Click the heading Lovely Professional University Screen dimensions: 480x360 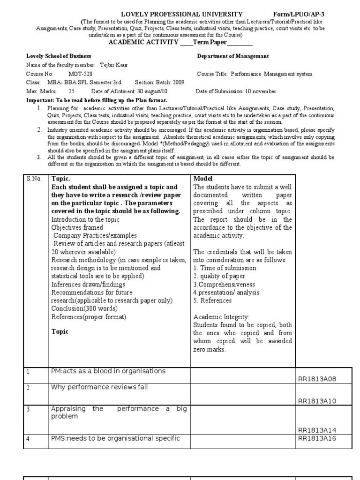coord(182,15)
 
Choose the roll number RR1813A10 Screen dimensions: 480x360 coord(317,400)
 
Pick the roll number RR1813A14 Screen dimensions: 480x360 coord(317,430)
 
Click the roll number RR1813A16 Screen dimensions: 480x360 coord(317,438)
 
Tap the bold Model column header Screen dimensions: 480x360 coord(203,179)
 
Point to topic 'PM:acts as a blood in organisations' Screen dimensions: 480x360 coord(108,371)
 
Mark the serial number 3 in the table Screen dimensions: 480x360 coord(28,409)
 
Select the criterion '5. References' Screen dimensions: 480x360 coord(212,300)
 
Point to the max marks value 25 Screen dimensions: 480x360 coord(71,91)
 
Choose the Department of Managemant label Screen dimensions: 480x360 coord(233,56)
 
